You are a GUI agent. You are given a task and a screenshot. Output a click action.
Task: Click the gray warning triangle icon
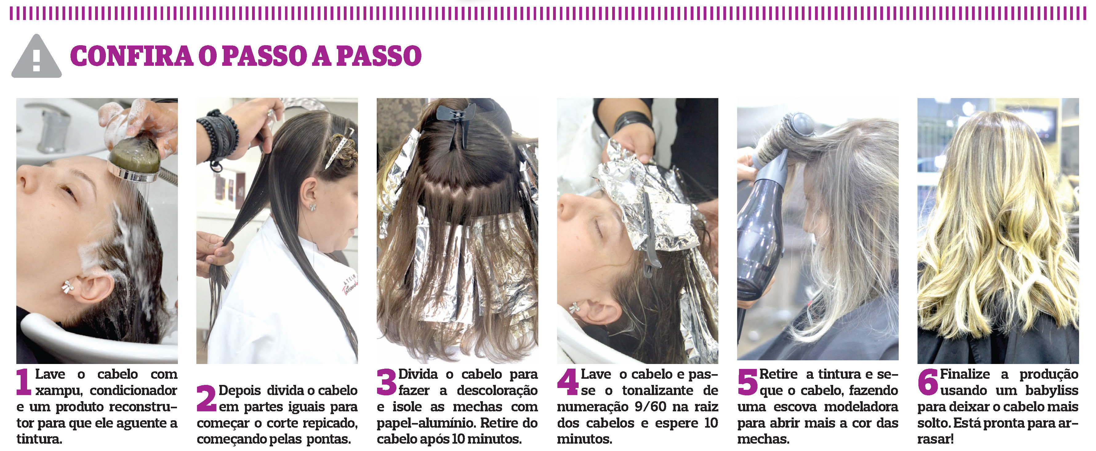coord(37,57)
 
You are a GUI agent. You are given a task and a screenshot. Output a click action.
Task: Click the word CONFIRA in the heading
coord(132,56)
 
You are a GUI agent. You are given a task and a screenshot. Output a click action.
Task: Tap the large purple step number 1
coord(24,382)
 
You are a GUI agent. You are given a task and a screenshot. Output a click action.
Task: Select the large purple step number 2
coord(206,398)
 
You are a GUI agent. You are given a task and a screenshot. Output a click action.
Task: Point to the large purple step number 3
coord(386,382)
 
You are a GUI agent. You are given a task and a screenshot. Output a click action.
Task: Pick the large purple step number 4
coord(568,382)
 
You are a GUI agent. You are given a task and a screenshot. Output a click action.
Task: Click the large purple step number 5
coord(748,382)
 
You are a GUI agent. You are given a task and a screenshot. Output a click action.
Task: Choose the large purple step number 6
coord(928,382)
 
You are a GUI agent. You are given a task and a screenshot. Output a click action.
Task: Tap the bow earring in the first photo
coord(68,287)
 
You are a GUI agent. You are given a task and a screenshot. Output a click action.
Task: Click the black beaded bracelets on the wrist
coord(220,136)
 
